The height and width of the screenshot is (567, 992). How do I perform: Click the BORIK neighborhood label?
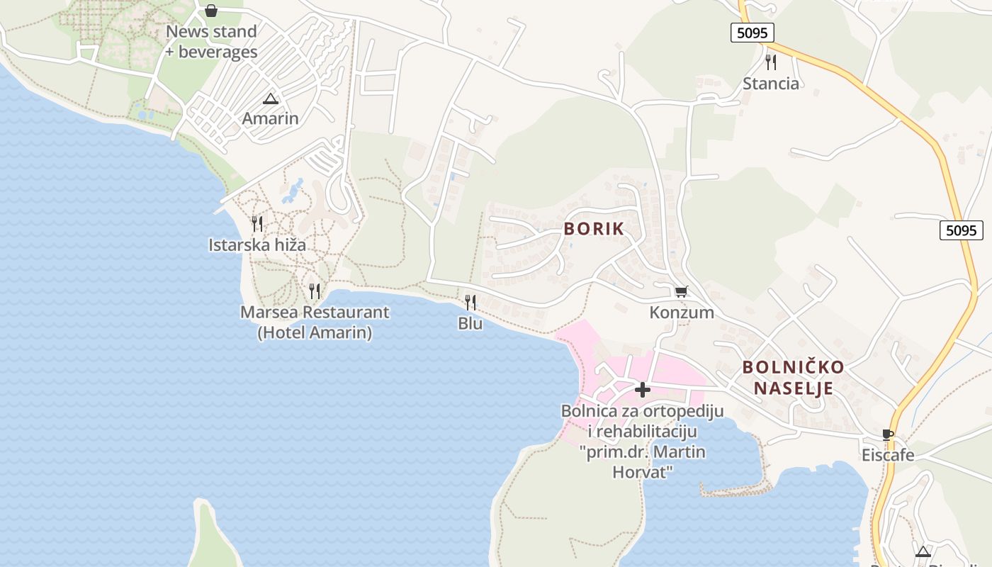[x=594, y=229]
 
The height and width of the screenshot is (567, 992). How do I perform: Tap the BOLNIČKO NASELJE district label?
[x=793, y=378]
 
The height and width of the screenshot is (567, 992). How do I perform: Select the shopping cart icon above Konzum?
[x=681, y=291]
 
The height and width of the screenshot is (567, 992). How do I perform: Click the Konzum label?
[x=682, y=313]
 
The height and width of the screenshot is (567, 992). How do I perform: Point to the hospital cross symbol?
[x=642, y=390]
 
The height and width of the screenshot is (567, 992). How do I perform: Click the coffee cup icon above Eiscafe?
[x=887, y=434]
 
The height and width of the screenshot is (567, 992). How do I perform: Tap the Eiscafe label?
[x=888, y=455]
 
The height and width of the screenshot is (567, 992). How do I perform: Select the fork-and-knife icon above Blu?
[x=470, y=303]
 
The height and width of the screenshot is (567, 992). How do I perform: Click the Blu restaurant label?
[x=470, y=324]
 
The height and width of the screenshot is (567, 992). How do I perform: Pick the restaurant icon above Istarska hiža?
[x=257, y=224]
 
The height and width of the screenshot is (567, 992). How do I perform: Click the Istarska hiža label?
[x=257, y=245]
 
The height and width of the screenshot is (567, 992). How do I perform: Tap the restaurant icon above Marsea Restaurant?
[x=315, y=291]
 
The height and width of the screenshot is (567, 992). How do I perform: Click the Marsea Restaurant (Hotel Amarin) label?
[x=315, y=322]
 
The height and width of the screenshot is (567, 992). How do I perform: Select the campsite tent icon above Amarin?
[x=270, y=99]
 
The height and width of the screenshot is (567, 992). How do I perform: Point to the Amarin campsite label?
[x=270, y=118]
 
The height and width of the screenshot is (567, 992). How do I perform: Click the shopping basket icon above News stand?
[x=211, y=11]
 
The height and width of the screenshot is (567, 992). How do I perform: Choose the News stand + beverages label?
[x=211, y=42]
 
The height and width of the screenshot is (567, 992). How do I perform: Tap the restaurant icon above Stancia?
[x=771, y=62]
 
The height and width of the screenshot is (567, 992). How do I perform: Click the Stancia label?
[x=771, y=84]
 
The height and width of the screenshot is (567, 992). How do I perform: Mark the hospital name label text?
[x=642, y=442]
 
